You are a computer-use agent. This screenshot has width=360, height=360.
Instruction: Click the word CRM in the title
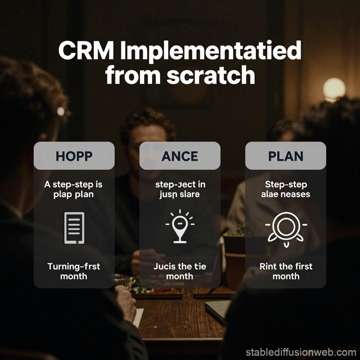point(86,51)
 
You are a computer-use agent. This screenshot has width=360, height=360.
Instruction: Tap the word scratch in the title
point(211,75)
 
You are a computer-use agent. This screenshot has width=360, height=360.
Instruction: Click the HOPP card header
point(74,156)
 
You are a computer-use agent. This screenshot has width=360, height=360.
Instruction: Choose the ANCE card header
point(180,156)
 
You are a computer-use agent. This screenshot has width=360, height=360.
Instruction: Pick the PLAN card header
point(285,156)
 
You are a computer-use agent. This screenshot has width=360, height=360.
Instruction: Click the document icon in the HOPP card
point(74,228)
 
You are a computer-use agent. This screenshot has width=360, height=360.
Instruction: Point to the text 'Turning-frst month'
point(74,271)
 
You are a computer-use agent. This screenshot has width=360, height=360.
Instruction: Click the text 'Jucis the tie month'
point(180,271)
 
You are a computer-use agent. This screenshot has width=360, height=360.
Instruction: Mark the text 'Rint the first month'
point(285,271)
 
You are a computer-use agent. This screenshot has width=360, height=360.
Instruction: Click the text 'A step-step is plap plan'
point(74,189)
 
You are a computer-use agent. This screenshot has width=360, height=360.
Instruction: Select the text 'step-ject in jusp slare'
point(180,189)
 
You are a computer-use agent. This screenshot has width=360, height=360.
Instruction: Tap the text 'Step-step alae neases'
point(285,189)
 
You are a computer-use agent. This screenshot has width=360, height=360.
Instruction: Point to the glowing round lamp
point(334,88)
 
